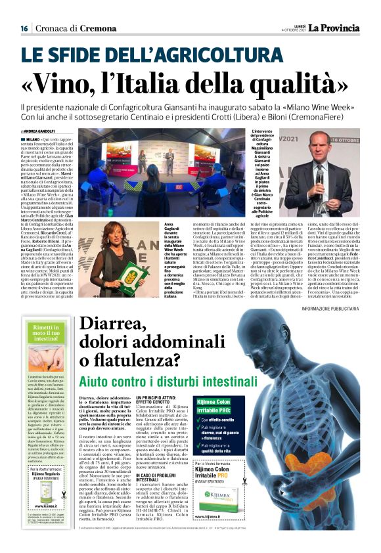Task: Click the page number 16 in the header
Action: [24, 28]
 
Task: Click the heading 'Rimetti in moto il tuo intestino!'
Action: [48, 331]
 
